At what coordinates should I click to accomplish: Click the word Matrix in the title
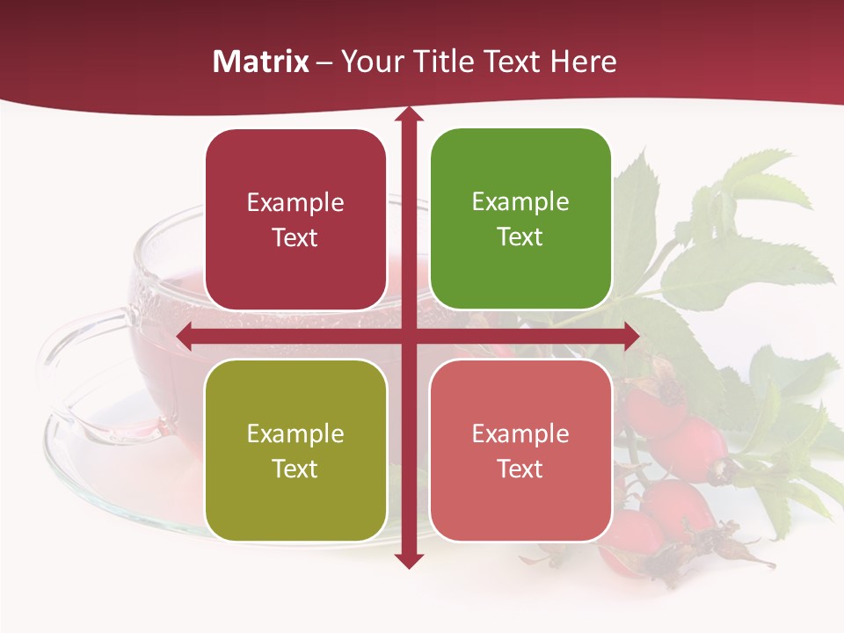261,62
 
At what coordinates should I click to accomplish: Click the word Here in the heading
583,62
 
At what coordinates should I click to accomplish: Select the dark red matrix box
295,220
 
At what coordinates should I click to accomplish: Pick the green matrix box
520,219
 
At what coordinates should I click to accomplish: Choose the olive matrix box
295,450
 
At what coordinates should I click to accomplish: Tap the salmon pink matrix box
520,450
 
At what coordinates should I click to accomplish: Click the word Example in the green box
520,201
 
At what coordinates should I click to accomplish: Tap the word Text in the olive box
295,469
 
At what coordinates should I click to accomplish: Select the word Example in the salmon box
520,433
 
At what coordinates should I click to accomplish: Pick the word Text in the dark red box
295,237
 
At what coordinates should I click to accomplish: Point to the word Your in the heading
368,62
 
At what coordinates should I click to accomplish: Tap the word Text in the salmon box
520,469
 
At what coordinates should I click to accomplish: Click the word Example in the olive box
295,433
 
